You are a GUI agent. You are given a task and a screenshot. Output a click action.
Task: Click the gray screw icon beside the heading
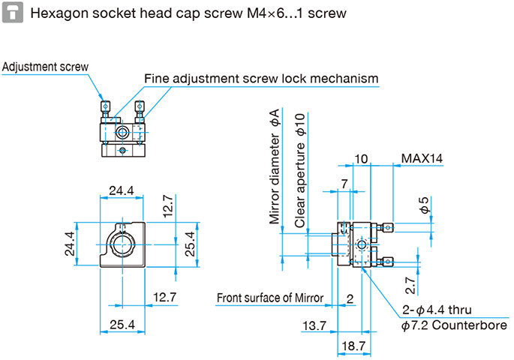[x=13, y=13]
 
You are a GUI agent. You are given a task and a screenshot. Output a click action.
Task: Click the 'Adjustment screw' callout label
[x=45, y=67]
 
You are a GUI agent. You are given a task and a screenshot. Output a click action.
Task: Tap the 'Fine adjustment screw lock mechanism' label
[x=261, y=79]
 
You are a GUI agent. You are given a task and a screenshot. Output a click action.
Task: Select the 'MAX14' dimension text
[x=422, y=158]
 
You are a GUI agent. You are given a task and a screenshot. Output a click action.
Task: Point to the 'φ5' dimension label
[x=425, y=205]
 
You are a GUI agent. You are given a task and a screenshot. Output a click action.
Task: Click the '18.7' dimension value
[x=353, y=346]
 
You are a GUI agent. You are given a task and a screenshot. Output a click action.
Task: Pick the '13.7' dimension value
[x=314, y=326]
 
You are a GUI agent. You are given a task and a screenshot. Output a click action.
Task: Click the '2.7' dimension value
[x=410, y=285]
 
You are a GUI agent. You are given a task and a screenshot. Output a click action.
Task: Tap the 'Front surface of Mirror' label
[x=270, y=298]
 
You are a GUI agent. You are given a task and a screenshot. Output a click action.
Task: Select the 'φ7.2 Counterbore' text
[x=454, y=325]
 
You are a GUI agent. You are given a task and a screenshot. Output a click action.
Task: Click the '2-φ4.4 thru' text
[x=437, y=310]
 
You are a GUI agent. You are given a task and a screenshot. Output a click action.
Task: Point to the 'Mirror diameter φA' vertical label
[x=275, y=166]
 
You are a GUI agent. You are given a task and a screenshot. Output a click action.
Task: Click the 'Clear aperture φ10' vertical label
[x=300, y=171]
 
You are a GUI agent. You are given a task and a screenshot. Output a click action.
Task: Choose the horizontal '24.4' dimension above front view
[x=122, y=190]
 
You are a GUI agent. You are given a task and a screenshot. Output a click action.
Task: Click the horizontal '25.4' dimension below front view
[x=122, y=325]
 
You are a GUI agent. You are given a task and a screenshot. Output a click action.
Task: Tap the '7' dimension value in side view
[x=344, y=184]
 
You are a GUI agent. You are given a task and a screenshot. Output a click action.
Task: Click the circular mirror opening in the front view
[x=122, y=244]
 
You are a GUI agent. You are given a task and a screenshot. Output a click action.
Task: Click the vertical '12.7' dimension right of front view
[x=168, y=206]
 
